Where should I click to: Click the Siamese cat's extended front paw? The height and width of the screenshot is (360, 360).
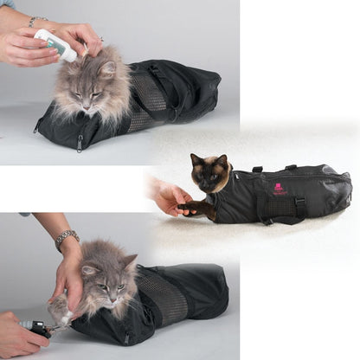point(191,207)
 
